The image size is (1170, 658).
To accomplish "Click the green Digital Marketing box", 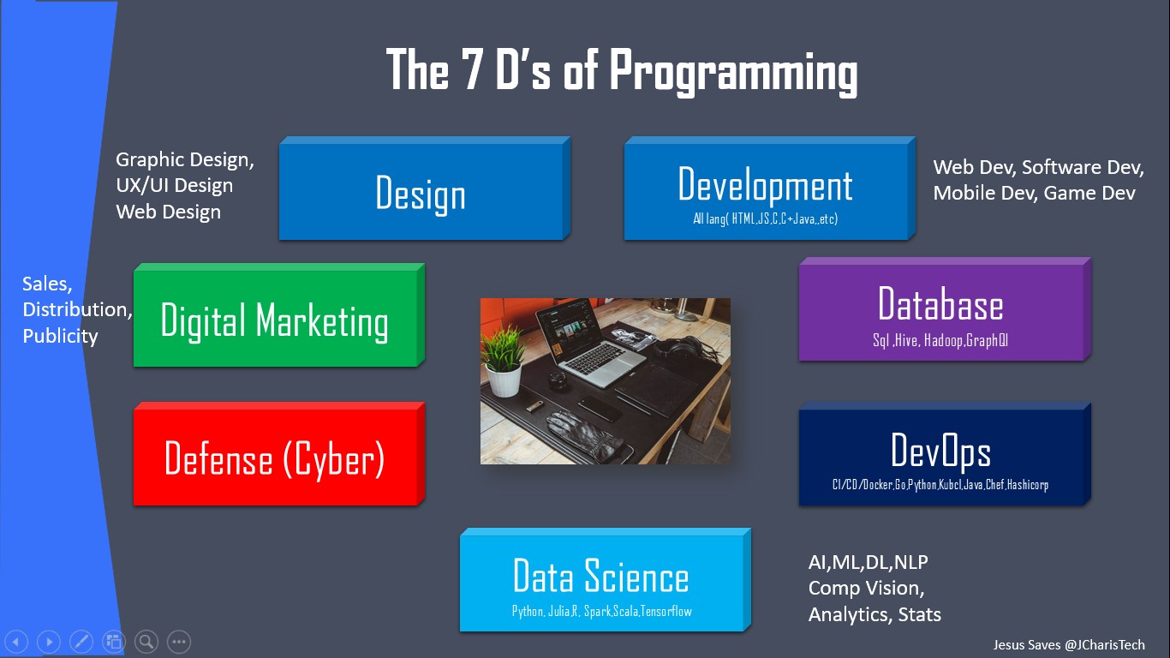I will pyautogui.click(x=275, y=320).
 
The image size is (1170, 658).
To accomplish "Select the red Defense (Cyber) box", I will pyautogui.click(x=275, y=459).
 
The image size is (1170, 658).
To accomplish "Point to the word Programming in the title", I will pyautogui.click(x=733, y=72).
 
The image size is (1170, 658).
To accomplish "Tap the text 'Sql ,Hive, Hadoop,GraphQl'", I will pyautogui.click(x=940, y=341).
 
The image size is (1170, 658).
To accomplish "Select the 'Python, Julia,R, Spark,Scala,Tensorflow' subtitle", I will pyautogui.click(x=601, y=611).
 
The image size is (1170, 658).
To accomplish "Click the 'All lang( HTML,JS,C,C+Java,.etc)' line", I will pyautogui.click(x=765, y=219).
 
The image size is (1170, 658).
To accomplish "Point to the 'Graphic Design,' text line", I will pyautogui.click(x=185, y=159).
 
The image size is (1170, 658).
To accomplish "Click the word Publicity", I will pyautogui.click(x=60, y=335).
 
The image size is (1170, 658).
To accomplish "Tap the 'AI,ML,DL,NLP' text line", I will pyautogui.click(x=868, y=562).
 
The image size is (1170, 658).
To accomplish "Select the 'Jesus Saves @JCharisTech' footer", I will pyautogui.click(x=1068, y=644).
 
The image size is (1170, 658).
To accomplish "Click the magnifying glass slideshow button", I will pyautogui.click(x=146, y=641).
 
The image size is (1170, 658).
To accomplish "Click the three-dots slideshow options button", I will pyautogui.click(x=178, y=641).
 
